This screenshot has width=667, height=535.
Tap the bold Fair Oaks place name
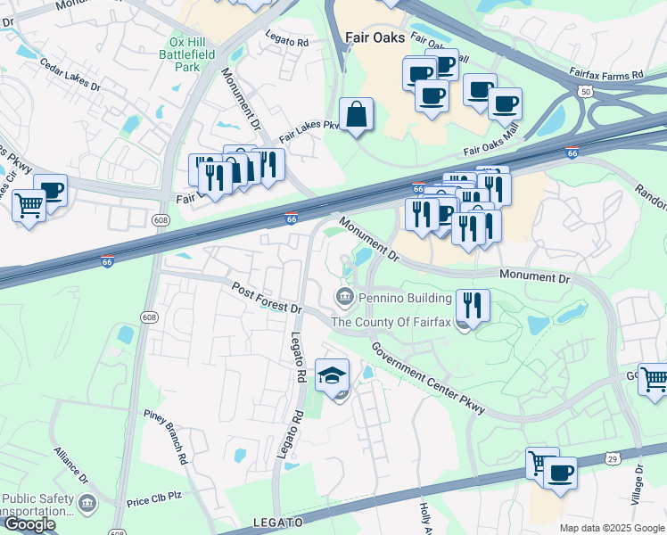tap(375, 37)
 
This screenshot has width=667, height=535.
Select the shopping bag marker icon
tap(356, 115)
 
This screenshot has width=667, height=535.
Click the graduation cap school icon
tap(333, 375)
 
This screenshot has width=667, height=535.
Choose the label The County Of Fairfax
tap(392, 322)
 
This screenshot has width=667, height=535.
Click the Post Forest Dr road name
tap(268, 298)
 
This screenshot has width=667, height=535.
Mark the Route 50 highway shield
tap(584, 91)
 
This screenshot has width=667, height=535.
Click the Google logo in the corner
tap(29, 524)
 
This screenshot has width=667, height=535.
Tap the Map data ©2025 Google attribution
tap(612, 528)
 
